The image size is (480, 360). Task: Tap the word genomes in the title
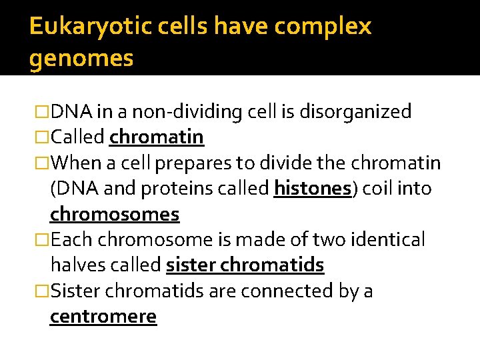coord(81,59)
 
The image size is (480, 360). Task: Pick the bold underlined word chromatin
coord(157,137)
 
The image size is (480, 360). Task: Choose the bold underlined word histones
coord(312,189)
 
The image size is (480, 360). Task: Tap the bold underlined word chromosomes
coord(115,215)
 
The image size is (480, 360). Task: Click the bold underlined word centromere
coord(103,317)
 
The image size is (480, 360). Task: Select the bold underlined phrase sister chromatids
coord(245,265)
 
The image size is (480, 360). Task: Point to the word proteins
coord(161,189)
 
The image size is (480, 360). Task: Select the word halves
coord(76,265)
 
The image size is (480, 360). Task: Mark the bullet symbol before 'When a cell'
coord(42,163)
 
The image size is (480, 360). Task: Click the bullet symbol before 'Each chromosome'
coord(42,240)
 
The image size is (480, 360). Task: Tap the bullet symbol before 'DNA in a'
coord(42,112)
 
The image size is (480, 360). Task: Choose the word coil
coord(379,189)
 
